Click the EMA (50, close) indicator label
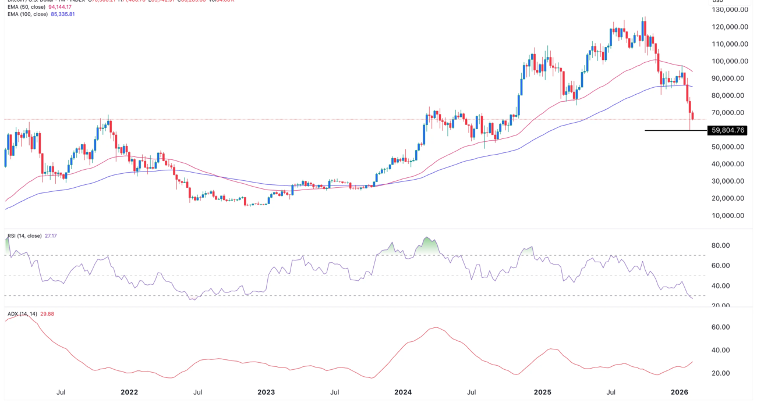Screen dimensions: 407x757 (24, 6)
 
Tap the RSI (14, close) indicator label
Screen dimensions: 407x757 (25, 236)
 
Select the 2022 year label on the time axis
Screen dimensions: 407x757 (129, 392)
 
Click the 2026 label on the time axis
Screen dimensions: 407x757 (680, 392)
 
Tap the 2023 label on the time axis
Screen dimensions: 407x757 (267, 392)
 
